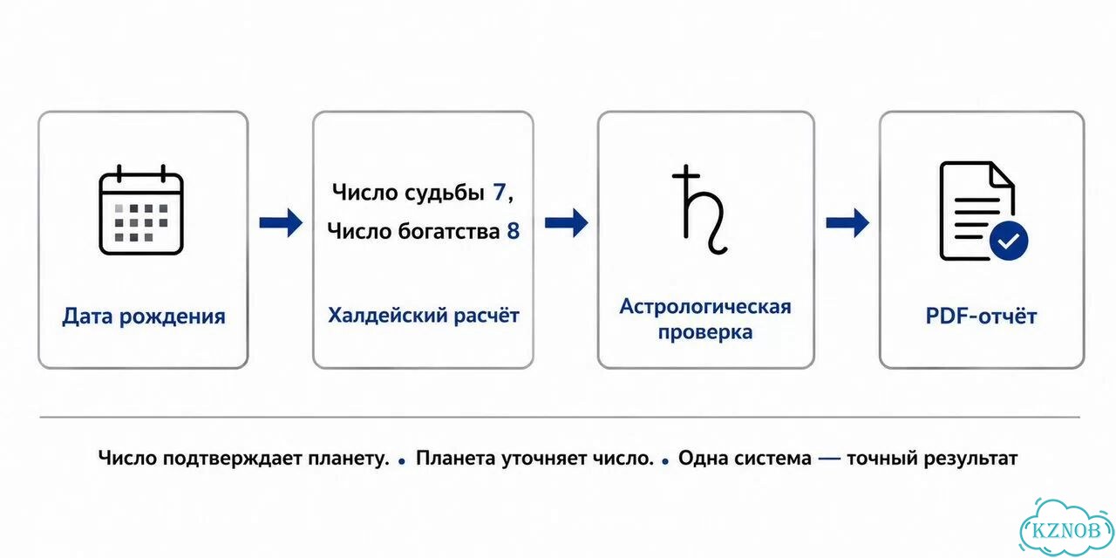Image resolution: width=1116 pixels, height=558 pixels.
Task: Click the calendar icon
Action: (141, 210)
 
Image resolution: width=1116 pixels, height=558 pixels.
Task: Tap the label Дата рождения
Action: (144, 316)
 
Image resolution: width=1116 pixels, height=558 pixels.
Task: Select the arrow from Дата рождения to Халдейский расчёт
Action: (281, 222)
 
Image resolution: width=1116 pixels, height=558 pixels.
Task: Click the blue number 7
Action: (499, 192)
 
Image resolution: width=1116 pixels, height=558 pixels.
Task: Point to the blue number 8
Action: (514, 231)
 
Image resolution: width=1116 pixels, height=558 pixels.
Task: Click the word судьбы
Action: (444, 193)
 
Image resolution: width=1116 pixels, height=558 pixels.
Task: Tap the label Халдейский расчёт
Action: (424, 316)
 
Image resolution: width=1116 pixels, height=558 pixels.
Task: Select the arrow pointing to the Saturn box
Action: (567, 222)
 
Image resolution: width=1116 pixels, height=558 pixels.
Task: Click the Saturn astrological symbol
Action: (699, 209)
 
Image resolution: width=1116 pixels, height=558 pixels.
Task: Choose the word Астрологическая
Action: (705, 306)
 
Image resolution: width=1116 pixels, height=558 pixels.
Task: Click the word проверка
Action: (705, 332)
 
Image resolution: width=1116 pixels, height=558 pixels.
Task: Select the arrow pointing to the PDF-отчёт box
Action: (847, 222)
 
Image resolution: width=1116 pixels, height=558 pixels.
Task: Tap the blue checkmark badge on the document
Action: (1009, 242)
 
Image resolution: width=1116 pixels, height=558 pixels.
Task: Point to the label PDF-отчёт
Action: (981, 316)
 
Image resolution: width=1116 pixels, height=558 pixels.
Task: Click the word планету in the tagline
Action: (348, 459)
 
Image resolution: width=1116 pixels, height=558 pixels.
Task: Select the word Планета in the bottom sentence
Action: (455, 459)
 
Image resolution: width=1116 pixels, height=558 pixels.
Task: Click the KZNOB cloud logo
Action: (1066, 529)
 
